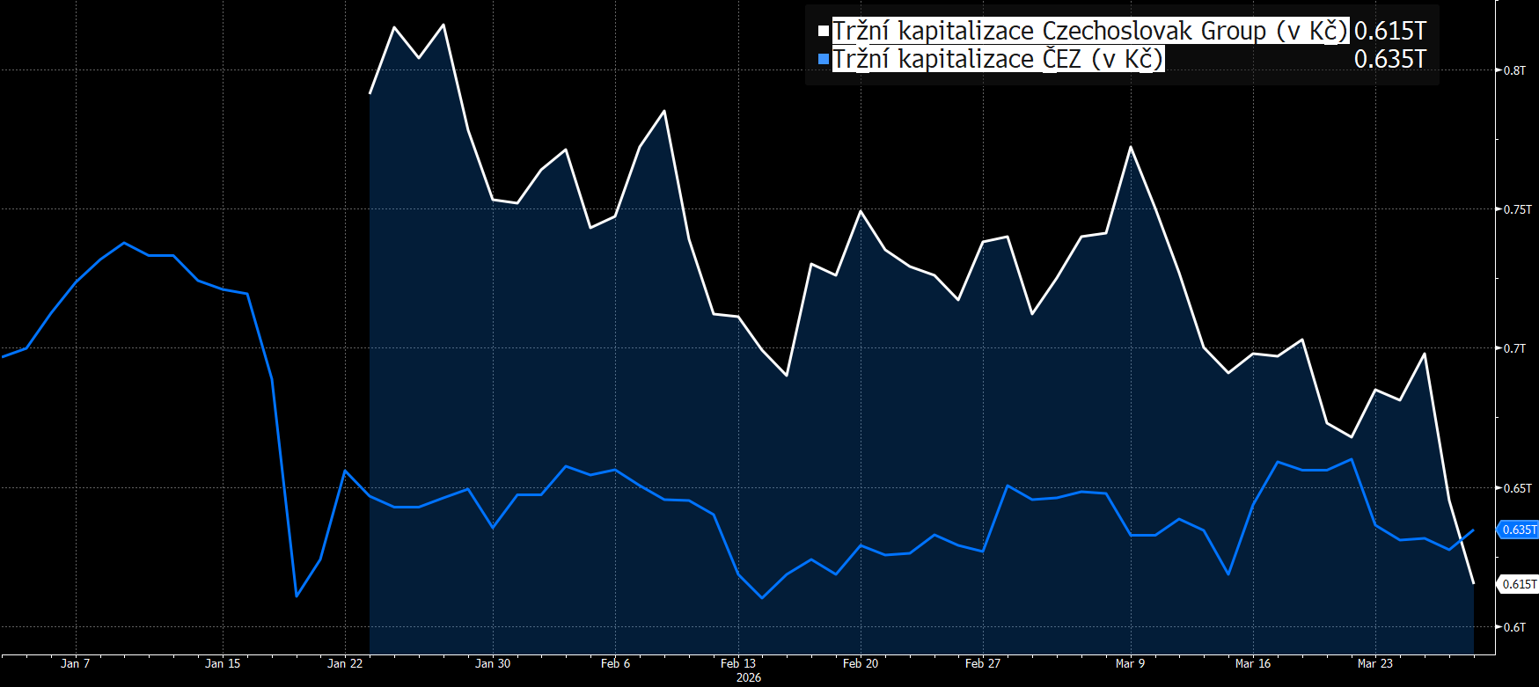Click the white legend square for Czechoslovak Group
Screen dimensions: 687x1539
[x=824, y=31]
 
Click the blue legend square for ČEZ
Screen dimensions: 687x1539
[x=824, y=59]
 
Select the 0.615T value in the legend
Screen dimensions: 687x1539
[x=1389, y=31]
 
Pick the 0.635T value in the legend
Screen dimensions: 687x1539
[x=1389, y=59]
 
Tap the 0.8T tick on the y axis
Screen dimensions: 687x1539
[x=1514, y=70]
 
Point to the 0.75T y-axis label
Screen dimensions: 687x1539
[x=1517, y=209]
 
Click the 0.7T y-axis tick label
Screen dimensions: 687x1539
[x=1514, y=348]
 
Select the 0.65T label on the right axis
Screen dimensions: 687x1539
[x=1517, y=488]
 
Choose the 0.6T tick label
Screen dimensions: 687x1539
[x=1514, y=627]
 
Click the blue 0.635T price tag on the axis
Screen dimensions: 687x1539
[x=1519, y=530]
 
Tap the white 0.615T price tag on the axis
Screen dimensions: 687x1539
[x=1519, y=584]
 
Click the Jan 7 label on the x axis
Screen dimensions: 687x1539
[x=75, y=663]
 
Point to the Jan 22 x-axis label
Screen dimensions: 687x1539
[x=345, y=663]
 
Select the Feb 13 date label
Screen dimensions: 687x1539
[x=737, y=663]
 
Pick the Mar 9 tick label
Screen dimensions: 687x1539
[x=1130, y=663]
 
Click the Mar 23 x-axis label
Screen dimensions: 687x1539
[x=1374, y=663]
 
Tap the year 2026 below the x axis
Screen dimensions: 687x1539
[x=749, y=677]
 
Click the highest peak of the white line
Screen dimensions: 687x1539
[x=443, y=25]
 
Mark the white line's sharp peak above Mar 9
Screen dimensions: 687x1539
[x=1131, y=147]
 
